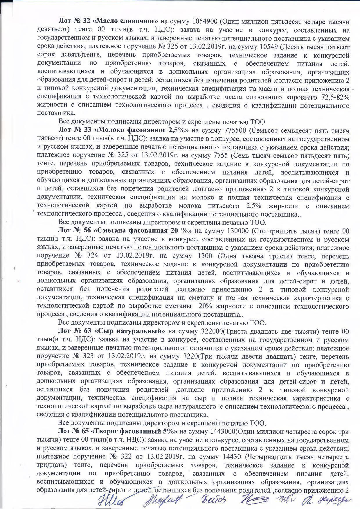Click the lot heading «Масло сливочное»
tap(126, 21)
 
